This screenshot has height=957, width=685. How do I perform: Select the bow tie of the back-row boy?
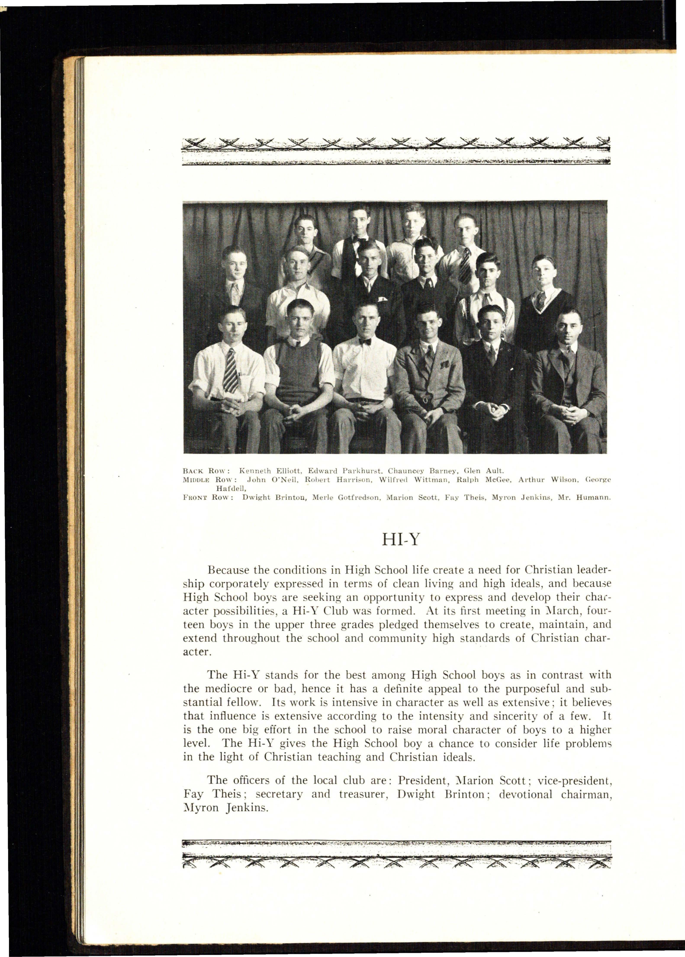point(359,239)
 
